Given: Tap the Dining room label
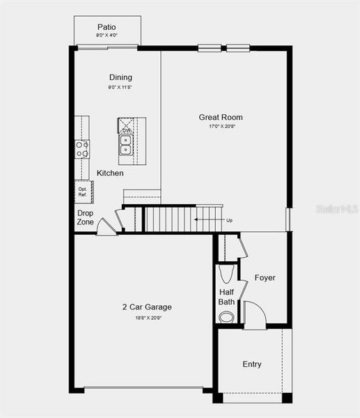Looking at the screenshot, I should pyautogui.click(x=120, y=77).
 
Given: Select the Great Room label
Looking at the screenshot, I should pyautogui.click(x=221, y=117).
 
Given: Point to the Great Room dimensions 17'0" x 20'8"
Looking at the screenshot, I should pyautogui.click(x=221, y=127).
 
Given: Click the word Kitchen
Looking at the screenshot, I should pyautogui.click(x=110, y=173).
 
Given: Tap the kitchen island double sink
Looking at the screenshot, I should pyautogui.click(x=126, y=145).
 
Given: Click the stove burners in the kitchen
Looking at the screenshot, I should pyautogui.click(x=82, y=148).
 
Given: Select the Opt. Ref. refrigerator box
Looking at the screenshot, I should pyautogui.click(x=83, y=192).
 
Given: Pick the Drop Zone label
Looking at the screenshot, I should pyautogui.click(x=85, y=217).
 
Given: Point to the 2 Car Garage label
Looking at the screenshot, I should pyautogui.click(x=147, y=307).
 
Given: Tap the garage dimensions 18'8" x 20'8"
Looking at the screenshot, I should pyautogui.click(x=147, y=318).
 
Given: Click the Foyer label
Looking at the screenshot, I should pyautogui.click(x=265, y=277).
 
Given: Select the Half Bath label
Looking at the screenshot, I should pyautogui.click(x=227, y=297).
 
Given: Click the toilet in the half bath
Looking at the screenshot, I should pyautogui.click(x=227, y=272).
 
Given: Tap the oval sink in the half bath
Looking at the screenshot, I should pyautogui.click(x=227, y=317).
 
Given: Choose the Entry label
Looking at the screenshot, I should pyautogui.click(x=252, y=364).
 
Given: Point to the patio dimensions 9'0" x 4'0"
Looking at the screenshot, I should pyautogui.click(x=107, y=35).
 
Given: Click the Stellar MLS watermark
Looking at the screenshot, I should pyautogui.click(x=336, y=208).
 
